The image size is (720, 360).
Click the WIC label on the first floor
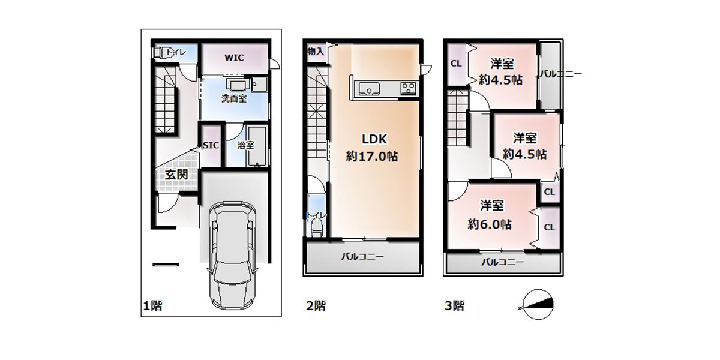pos(234,58)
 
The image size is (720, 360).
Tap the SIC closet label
pos(211,145)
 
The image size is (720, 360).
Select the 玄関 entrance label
pos(176,175)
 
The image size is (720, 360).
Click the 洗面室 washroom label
pos(234,98)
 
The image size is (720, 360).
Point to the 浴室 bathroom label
pos(245,145)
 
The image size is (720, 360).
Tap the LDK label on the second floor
pos(374,139)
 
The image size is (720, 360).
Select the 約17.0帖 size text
pos(372,156)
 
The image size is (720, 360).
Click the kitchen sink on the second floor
pos(369,89)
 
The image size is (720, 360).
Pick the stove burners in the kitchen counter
pos(408,88)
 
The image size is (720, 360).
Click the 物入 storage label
pos(316,51)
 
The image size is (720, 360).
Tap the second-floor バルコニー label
pos(362,257)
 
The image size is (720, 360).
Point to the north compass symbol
pos(538,304)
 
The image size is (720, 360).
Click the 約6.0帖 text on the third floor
pos(490,224)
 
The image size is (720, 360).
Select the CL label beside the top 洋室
pos(456,64)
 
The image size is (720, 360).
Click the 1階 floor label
pos(152,305)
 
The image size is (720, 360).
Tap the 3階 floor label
pos(455,305)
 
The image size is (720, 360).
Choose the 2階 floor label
pos(316,305)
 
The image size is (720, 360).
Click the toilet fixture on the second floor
pos(317,227)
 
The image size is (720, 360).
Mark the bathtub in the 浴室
pos(257,146)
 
